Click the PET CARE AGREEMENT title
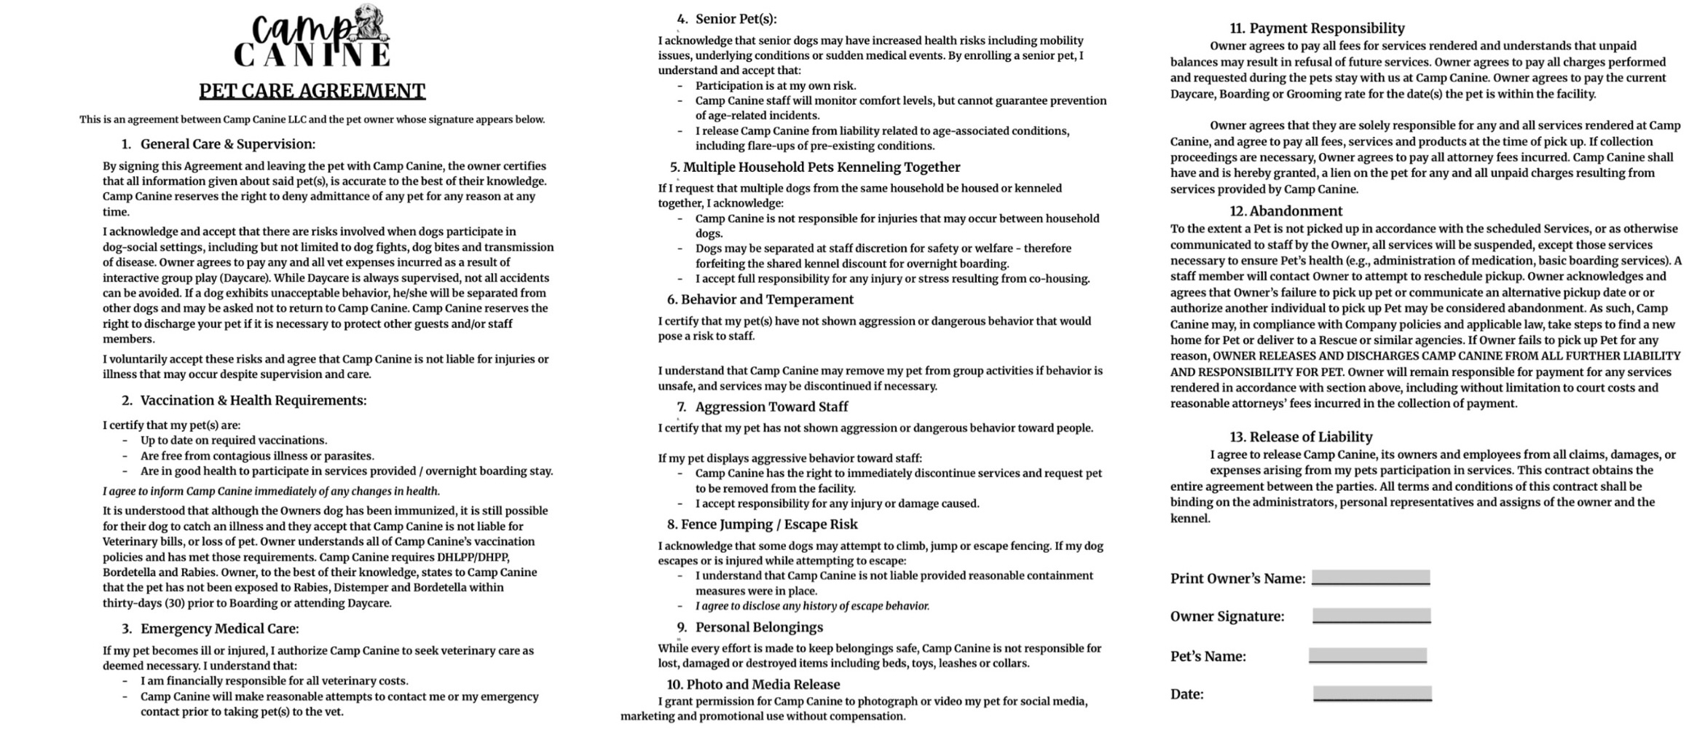tap(312, 91)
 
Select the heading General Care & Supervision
tap(227, 144)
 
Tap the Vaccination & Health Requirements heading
tap(253, 401)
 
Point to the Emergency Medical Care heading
tap(219, 629)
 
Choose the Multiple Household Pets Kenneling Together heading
tap(821, 168)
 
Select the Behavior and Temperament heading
tap(767, 299)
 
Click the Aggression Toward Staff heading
tap(771, 407)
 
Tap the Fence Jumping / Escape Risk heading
tap(769, 524)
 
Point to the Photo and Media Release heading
tap(763, 685)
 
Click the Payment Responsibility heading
tap(1316, 28)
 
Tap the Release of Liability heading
tap(1310, 437)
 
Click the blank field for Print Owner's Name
tap(1371, 578)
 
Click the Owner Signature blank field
tap(1371, 616)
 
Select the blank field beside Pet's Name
tap(1368, 655)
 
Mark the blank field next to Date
tap(1372, 693)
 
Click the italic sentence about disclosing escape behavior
tap(812, 606)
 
